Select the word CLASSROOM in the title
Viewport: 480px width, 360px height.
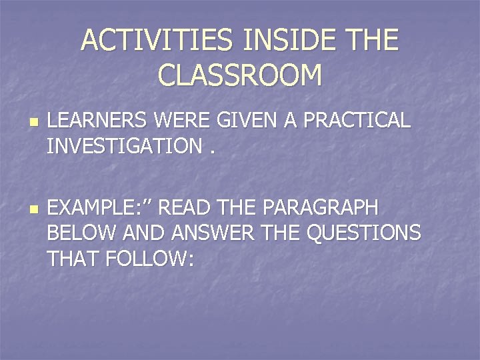click(240, 75)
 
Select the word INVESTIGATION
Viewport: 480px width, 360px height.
click(123, 145)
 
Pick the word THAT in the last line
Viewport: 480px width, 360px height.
click(71, 257)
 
